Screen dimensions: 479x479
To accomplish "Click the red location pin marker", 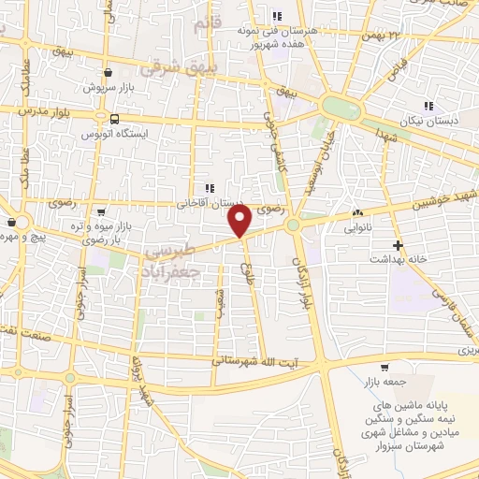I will [240, 221].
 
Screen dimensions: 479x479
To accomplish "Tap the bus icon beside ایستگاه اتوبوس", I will [114, 119].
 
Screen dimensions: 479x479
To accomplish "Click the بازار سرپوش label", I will [107, 86].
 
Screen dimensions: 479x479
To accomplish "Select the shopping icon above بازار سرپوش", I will [109, 72].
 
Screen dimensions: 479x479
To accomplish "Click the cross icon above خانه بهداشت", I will [399, 245].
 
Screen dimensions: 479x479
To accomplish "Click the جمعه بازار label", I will [378, 383].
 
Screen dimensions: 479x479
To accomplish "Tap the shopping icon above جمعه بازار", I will [385, 368].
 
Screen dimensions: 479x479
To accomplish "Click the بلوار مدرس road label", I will [45, 110].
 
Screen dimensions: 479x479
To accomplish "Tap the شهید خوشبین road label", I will [441, 201].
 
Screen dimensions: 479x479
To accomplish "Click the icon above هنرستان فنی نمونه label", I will [277, 16].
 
